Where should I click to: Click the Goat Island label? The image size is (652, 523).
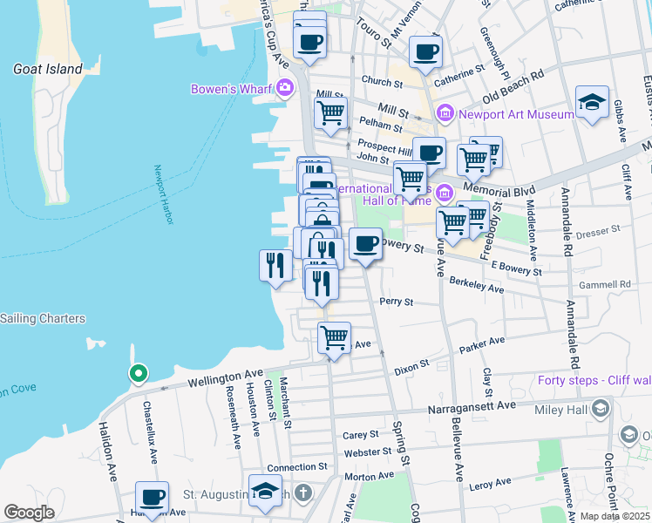48,69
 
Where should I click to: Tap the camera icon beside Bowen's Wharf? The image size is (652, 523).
285,87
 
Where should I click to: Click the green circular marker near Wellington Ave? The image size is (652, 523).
138,374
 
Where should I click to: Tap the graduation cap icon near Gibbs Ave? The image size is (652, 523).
592,103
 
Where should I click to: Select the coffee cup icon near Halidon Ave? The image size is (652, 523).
153,497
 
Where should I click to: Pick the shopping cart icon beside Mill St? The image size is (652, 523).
331,112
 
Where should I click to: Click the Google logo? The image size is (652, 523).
29,513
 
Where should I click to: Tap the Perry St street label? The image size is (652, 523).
396,302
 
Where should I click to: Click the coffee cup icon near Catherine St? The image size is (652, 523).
425,52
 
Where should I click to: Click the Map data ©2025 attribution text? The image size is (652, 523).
615,516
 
